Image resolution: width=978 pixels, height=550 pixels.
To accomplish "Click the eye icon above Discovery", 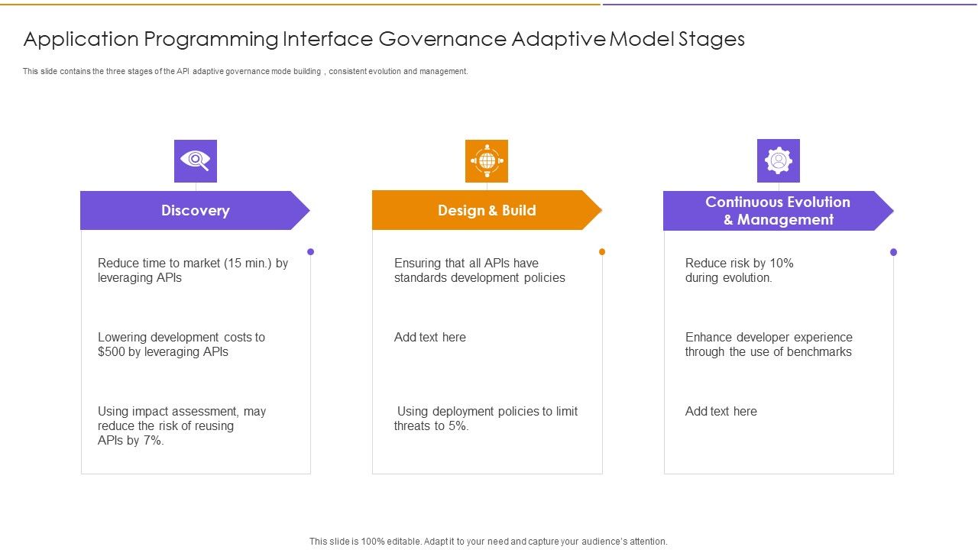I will point(196,160).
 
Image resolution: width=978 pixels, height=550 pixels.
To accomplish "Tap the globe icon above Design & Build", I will point(487,160).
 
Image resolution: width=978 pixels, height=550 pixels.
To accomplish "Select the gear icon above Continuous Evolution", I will point(778,160).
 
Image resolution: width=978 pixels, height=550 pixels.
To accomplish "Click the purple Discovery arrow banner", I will point(195,211).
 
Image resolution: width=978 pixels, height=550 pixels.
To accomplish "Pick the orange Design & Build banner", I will point(487,211).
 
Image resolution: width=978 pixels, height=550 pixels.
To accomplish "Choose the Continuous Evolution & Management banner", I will point(777,211).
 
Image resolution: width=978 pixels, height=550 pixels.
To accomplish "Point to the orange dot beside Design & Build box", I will point(602,251).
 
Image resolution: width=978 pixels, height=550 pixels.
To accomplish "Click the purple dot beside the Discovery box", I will point(310,251).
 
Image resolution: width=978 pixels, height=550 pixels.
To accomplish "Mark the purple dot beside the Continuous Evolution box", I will point(893,251).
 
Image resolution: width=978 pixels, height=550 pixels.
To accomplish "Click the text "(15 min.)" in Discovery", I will point(248,264).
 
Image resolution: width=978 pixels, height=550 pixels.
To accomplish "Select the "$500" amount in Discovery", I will point(112,352).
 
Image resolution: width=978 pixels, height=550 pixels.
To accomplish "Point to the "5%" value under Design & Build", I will point(458,426).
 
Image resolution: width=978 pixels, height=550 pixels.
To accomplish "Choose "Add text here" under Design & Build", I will point(429,338).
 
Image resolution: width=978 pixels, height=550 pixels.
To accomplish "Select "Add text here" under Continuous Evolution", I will point(721,412).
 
